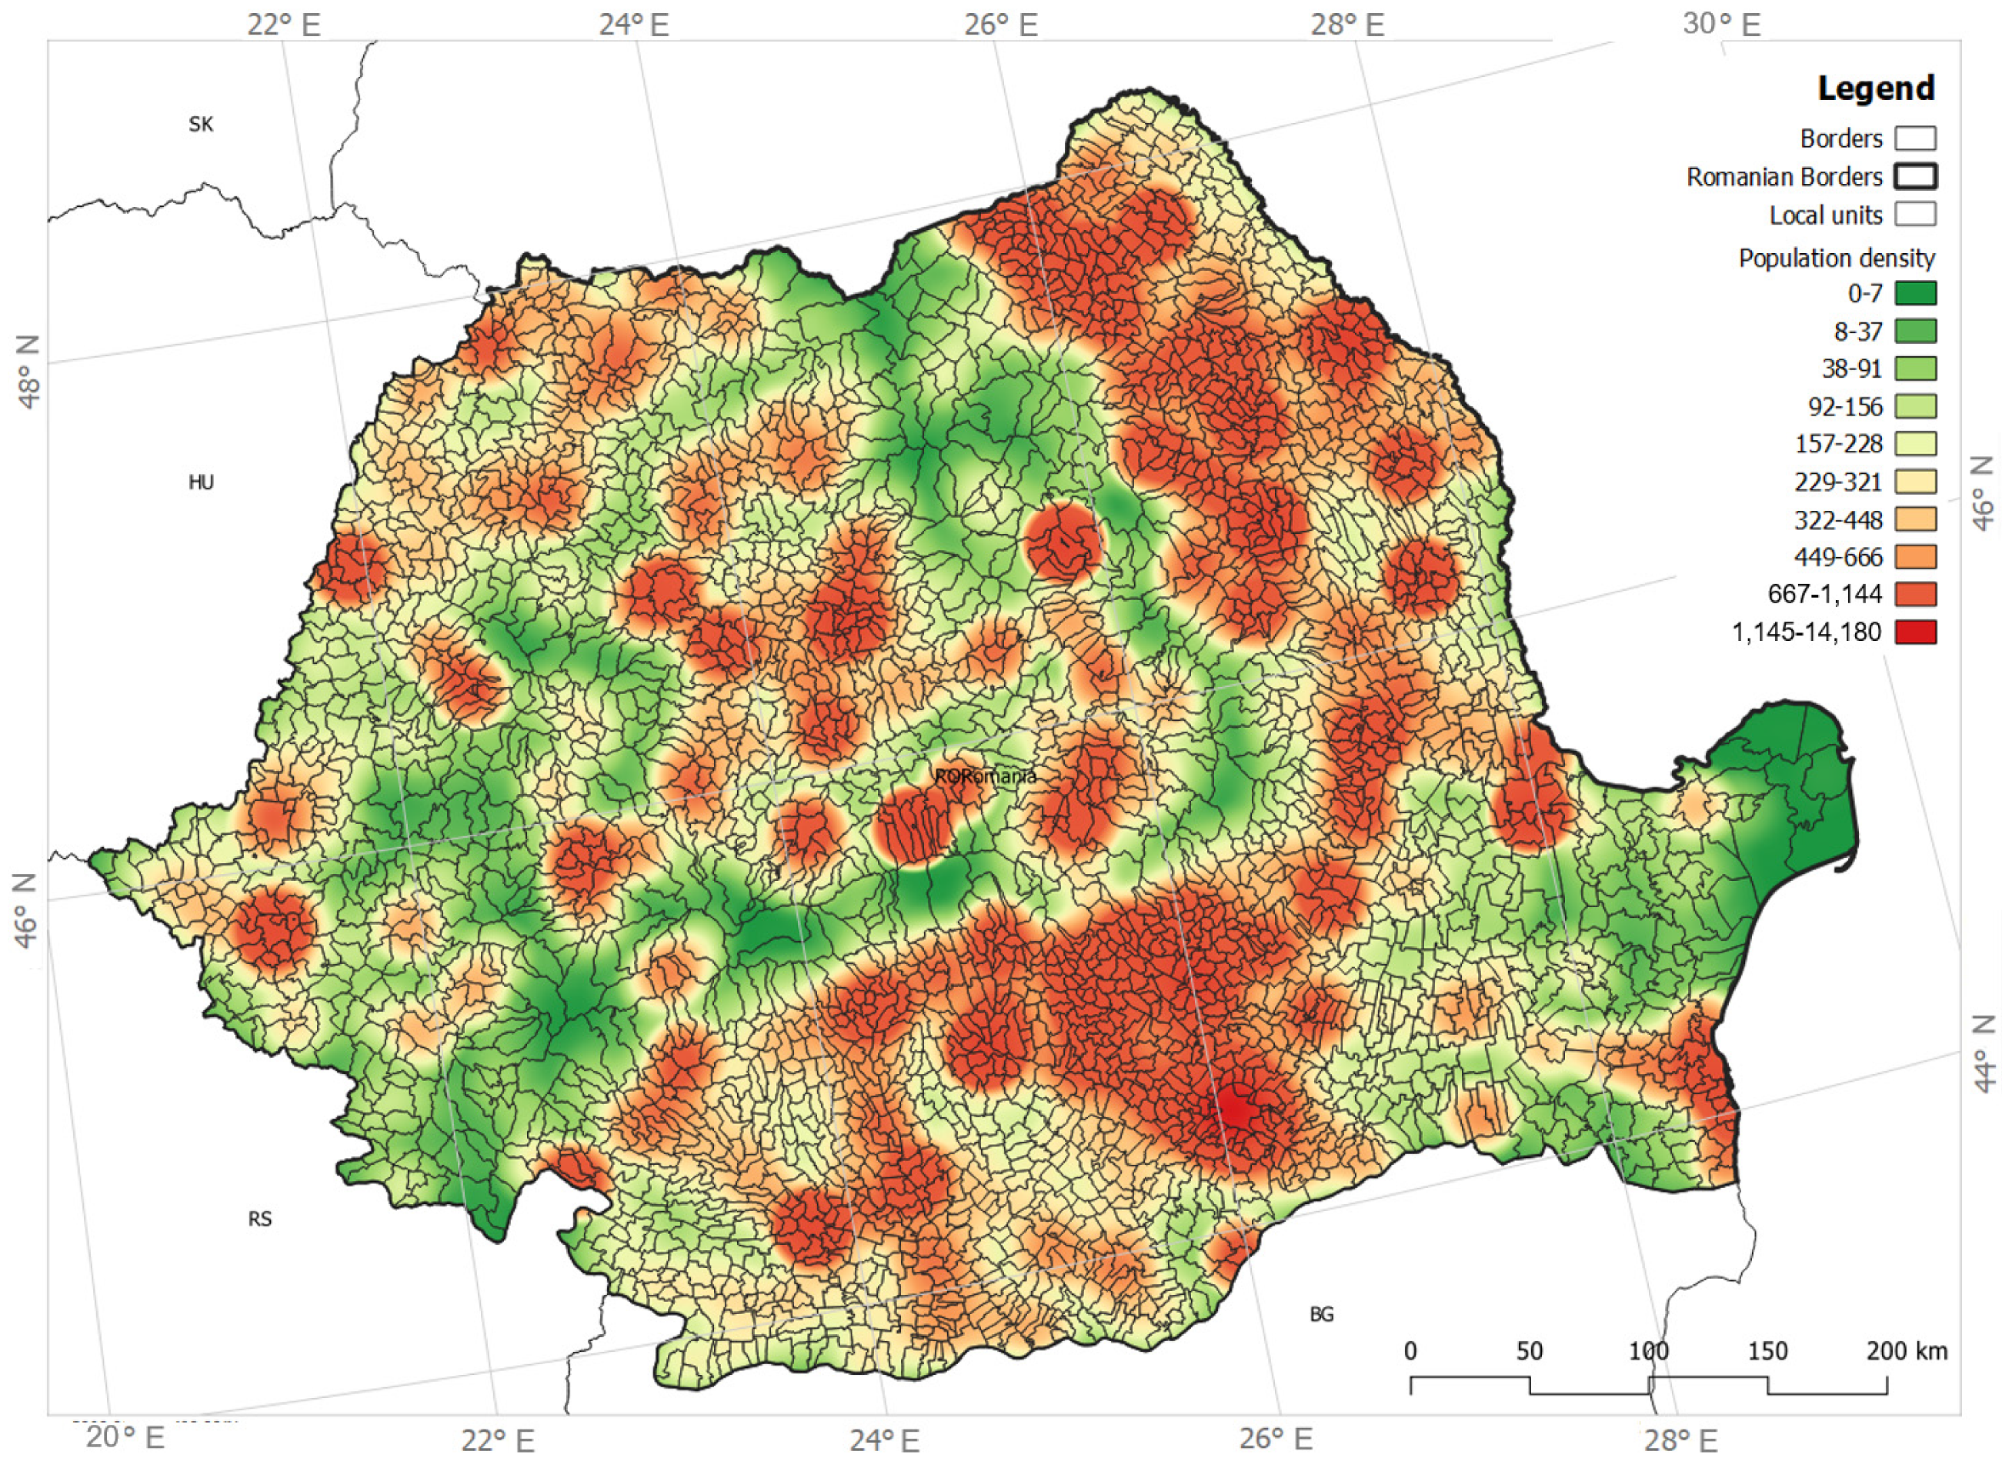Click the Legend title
(1875, 88)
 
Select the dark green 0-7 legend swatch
(1915, 293)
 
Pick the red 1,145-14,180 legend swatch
(1915, 632)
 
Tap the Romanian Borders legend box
(1915, 176)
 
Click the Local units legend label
(1825, 215)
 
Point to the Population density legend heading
(1836, 258)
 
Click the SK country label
(201, 125)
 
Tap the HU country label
(201, 482)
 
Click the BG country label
(1321, 1313)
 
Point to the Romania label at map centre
(985, 776)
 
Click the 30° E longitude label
(1720, 23)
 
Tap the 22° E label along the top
(283, 24)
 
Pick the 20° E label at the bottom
(125, 1438)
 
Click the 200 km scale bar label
(1906, 1352)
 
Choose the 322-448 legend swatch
(1915, 519)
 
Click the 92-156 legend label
(1845, 406)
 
